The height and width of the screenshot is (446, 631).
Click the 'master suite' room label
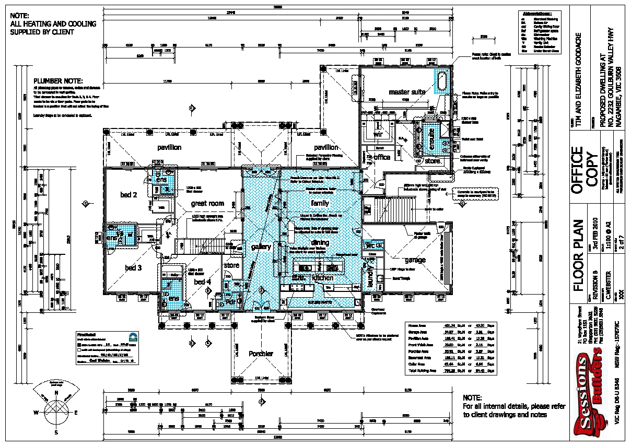407,92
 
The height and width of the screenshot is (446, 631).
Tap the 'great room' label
207,203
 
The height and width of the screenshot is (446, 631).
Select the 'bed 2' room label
128,195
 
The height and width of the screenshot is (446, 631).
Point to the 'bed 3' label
133,268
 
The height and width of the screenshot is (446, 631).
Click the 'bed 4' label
202,282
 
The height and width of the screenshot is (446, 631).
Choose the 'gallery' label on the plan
261,247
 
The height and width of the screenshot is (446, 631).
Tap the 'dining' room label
320,242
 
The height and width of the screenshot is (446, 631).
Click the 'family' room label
320,203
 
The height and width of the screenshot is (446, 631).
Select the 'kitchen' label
322,278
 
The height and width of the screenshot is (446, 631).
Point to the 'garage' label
415,260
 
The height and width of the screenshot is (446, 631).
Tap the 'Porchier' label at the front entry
261,354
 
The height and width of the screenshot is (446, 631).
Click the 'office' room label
382,157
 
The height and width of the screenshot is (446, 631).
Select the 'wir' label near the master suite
379,134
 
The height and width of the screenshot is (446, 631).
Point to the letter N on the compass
56,392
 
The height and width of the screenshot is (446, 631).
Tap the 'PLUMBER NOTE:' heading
58,81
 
